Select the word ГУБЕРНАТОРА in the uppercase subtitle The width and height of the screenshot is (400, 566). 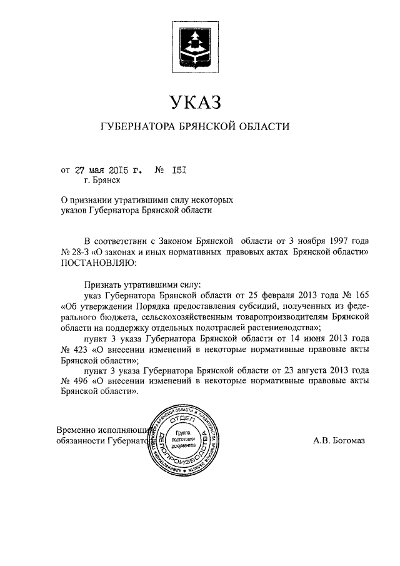tap(137, 127)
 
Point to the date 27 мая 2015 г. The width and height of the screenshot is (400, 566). tap(108, 169)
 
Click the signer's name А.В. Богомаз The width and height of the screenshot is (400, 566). tap(339, 440)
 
